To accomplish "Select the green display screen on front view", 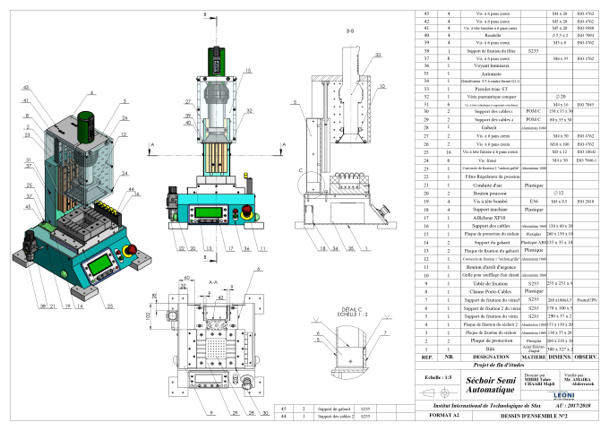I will [207, 211].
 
